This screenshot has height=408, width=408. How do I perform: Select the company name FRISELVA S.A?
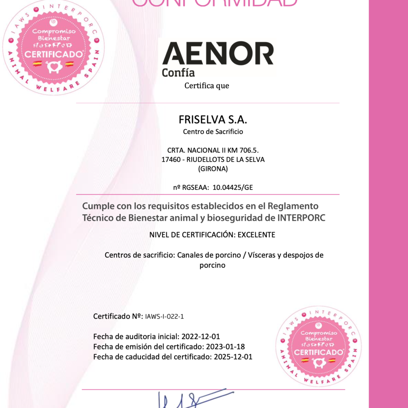(213, 120)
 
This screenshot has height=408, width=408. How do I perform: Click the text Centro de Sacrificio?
(213, 132)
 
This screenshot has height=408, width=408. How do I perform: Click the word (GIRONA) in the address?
(213, 169)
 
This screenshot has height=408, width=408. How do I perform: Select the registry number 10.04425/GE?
(231, 187)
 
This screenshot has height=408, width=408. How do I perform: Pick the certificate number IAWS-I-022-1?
(167, 316)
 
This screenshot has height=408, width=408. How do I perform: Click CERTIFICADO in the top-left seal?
(53, 54)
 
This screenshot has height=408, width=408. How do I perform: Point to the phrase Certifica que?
(207, 86)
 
